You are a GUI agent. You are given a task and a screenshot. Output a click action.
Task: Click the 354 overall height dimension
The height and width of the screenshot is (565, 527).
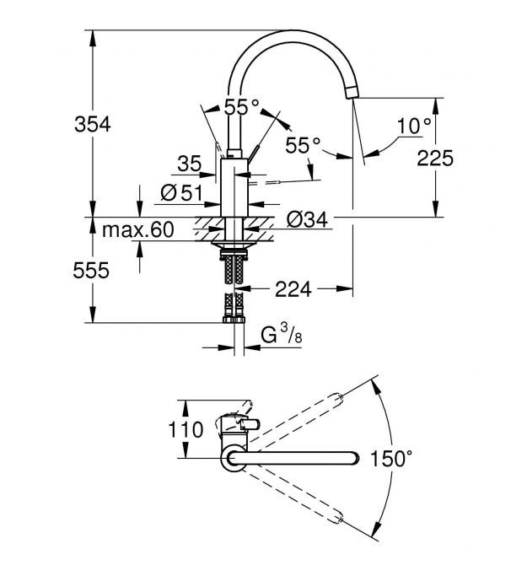[x=94, y=124]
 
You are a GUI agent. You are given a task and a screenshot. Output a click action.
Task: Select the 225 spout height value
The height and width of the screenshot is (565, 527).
[x=437, y=157]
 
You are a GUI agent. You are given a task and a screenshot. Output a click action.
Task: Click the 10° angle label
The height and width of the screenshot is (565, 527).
[x=414, y=126]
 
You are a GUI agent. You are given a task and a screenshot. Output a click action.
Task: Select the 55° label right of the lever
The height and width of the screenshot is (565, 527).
[x=303, y=146]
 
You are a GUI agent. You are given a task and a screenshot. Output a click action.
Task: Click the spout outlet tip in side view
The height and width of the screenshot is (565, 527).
[x=354, y=94]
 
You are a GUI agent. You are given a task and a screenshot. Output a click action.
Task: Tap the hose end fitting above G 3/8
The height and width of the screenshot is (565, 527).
[x=233, y=318]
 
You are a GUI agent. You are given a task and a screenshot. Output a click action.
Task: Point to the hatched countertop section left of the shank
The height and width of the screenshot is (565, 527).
[x=207, y=226]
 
